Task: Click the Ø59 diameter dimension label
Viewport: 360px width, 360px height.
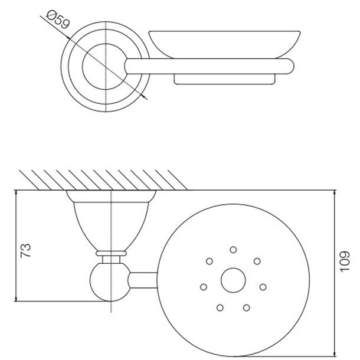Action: pyautogui.click(x=58, y=20)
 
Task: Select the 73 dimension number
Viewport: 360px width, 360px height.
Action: pyautogui.click(x=25, y=250)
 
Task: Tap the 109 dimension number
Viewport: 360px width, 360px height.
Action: pyautogui.click(x=345, y=261)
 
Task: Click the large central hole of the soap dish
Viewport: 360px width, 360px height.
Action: pyautogui.click(x=233, y=280)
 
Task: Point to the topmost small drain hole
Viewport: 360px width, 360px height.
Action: pyautogui.click(x=233, y=250)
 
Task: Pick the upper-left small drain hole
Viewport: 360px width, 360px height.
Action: pyautogui.click(x=210, y=261)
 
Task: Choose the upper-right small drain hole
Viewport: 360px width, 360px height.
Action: pyautogui.click(x=257, y=261)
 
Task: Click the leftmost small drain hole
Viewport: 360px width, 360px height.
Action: pyautogui.click(x=204, y=287)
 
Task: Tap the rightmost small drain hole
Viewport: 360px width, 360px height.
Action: pyautogui.click(x=263, y=287)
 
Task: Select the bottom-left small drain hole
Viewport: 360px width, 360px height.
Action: pyautogui.click(x=220, y=307)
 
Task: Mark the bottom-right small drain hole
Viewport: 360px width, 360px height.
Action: pyautogui.click(x=247, y=307)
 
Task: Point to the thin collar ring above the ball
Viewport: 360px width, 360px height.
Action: pyautogui.click(x=111, y=253)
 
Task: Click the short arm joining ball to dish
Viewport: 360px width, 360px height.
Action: pyautogui.click(x=143, y=280)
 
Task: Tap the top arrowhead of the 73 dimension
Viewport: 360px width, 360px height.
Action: pyautogui.click(x=16, y=193)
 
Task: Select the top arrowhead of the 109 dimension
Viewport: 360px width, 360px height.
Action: pyautogui.click(x=335, y=193)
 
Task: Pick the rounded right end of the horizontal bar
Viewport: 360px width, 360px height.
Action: pyautogui.click(x=290, y=66)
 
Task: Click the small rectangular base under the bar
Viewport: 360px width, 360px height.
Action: pyautogui.click(x=224, y=80)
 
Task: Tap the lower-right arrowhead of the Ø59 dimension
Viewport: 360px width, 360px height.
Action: pyautogui.click(x=145, y=97)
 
